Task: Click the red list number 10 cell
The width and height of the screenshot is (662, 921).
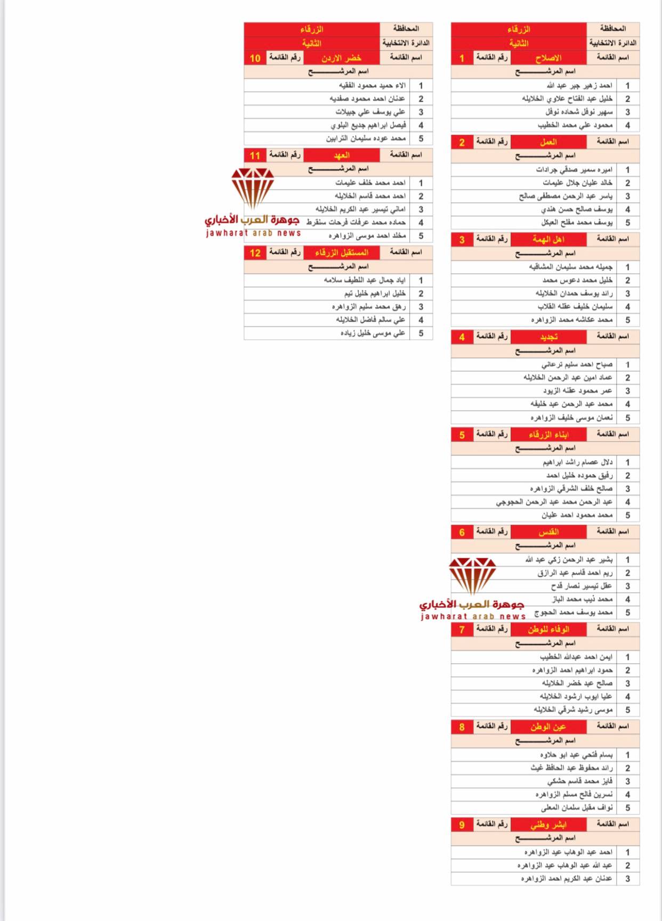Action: tap(255, 58)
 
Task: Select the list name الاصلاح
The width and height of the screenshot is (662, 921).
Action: tap(548, 58)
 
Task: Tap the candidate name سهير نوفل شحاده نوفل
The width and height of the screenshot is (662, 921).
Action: tap(579, 112)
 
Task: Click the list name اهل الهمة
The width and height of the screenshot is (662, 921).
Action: tap(548, 239)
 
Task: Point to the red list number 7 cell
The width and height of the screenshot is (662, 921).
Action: tap(462, 629)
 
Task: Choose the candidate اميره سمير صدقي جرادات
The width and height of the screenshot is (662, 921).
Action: tap(574, 169)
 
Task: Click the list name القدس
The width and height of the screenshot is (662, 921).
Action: tap(548, 532)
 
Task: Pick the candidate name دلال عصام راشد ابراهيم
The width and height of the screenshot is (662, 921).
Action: tap(578, 462)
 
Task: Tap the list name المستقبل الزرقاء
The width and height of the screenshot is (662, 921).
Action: tap(341, 252)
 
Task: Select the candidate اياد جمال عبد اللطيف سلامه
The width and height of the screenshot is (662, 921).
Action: tap(365, 280)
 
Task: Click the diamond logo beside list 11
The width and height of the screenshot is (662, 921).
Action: tap(253, 188)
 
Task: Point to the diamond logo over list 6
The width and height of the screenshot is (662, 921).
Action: tap(472, 575)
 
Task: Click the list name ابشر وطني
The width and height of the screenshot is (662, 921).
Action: tap(548, 825)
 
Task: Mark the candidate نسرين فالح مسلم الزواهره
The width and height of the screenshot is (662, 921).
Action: tap(574, 794)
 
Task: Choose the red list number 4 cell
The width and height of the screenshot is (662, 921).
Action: tap(462, 337)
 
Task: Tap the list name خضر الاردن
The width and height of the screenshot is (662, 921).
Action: tap(341, 58)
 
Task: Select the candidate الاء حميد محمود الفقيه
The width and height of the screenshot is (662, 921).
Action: tap(372, 85)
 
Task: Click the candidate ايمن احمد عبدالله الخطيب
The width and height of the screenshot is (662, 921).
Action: tap(576, 657)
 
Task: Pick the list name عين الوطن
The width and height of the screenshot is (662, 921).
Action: tap(548, 727)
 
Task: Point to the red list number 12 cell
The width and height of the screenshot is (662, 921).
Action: tap(255, 252)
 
